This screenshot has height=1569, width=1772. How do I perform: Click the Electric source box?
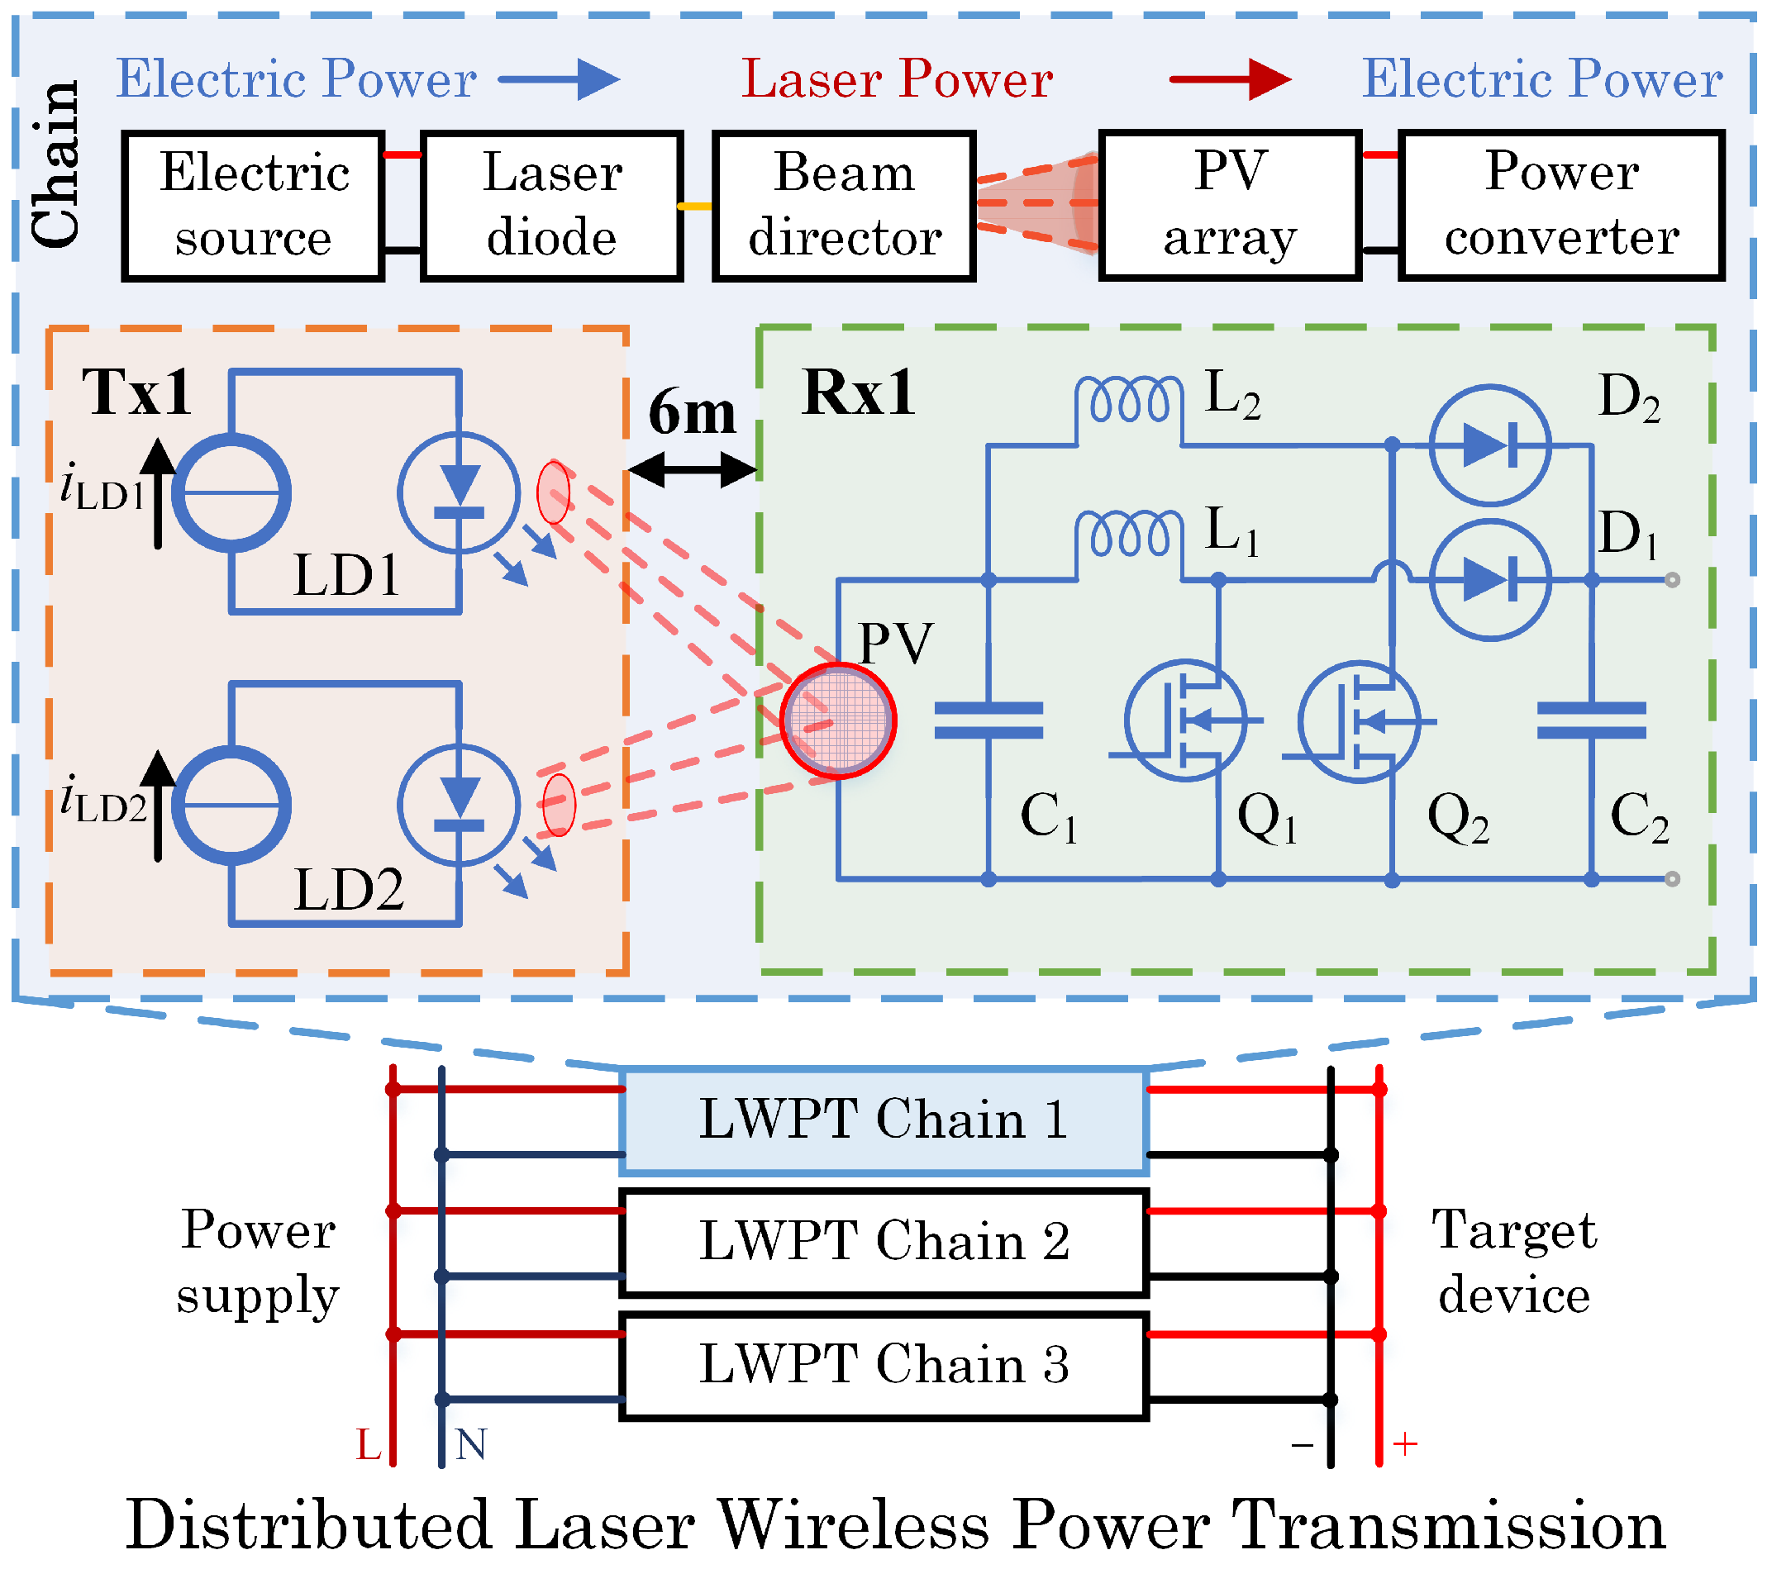tap(252, 206)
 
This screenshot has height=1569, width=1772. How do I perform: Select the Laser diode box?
tap(551, 206)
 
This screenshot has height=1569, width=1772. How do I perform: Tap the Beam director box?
tap(844, 206)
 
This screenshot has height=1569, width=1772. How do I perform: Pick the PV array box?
tap(1229, 206)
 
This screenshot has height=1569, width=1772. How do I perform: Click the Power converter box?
tap(1560, 206)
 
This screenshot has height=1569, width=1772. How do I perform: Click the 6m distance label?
tap(692, 412)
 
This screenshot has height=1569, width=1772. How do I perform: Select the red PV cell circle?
tap(837, 720)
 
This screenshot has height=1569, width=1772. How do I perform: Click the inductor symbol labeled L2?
tap(1128, 401)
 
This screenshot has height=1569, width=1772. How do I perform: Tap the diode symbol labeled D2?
tap(1489, 445)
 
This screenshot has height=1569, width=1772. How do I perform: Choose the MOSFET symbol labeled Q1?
tap(1185, 720)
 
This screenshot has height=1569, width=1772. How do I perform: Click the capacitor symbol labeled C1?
tap(988, 720)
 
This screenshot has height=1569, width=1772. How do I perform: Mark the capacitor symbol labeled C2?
tap(1591, 720)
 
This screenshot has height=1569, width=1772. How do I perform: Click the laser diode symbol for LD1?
tap(459, 493)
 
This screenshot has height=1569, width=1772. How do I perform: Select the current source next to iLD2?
tap(231, 806)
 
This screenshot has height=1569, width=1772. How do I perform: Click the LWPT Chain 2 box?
tap(884, 1242)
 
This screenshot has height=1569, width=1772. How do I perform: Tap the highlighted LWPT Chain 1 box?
tap(884, 1120)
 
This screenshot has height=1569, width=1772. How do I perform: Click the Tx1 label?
tap(136, 392)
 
